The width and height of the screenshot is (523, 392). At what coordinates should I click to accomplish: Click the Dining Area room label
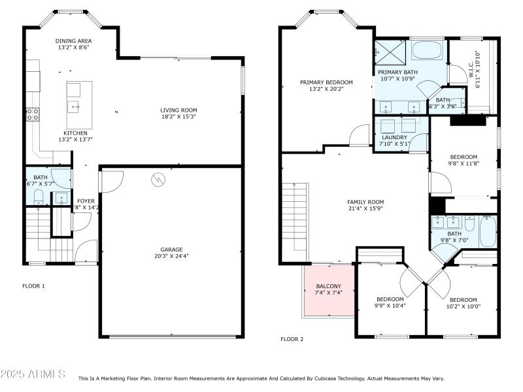pyautogui.click(x=73, y=41)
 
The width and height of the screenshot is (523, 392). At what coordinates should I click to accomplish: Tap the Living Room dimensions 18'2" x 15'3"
pyautogui.click(x=178, y=117)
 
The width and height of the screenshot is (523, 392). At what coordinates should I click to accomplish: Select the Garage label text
pyautogui.click(x=171, y=249)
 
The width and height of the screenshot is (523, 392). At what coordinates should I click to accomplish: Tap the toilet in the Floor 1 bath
pyautogui.click(x=38, y=196)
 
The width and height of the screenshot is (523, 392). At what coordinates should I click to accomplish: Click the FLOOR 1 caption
pyautogui.click(x=34, y=286)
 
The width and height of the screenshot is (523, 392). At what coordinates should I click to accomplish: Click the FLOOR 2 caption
pyautogui.click(x=292, y=339)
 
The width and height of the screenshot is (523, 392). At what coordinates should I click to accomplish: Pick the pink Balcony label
pyautogui.click(x=328, y=286)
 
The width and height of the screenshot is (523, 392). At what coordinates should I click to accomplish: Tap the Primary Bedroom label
pyautogui.click(x=326, y=82)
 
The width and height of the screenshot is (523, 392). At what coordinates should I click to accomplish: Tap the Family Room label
pyautogui.click(x=365, y=202)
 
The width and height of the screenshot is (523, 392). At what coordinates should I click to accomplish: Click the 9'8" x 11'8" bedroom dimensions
pyautogui.click(x=464, y=164)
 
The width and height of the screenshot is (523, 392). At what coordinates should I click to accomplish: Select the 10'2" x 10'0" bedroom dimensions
pyautogui.click(x=463, y=306)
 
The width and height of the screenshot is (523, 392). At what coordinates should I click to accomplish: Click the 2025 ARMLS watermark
pyautogui.click(x=33, y=374)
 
